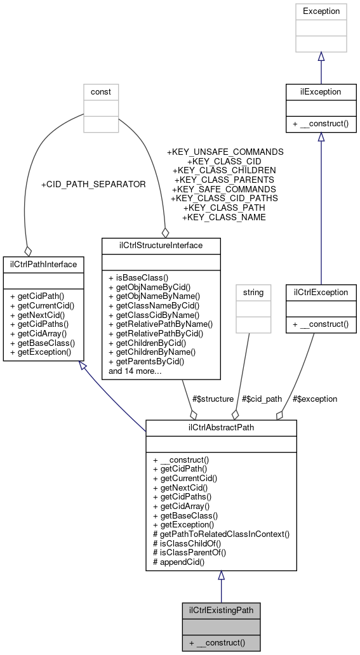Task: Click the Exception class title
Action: pyautogui.click(x=321, y=11)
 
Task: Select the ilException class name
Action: pyautogui.click(x=321, y=91)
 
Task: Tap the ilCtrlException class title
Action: pyautogui.click(x=321, y=293)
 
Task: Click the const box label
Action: pyautogui.click(x=101, y=91)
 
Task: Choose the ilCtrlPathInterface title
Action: pyautogui.click(x=40, y=263)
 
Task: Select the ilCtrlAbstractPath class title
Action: pyautogui.click(x=221, y=427)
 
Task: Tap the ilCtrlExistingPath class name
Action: pyautogui.click(x=221, y=611)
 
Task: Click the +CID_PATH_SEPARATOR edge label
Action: pyautogui.click(x=93, y=185)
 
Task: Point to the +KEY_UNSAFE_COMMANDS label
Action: pyautogui.click(x=225, y=152)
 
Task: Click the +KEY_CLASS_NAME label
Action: pyautogui.click(x=223, y=217)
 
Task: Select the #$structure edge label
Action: pyautogui.click(x=211, y=399)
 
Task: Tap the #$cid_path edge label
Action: pyautogui.click(x=261, y=399)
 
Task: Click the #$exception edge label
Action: pyautogui.click(x=315, y=399)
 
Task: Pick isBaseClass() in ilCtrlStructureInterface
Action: pyautogui.click(x=138, y=277)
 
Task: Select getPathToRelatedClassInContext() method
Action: pyautogui.click(x=221, y=534)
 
